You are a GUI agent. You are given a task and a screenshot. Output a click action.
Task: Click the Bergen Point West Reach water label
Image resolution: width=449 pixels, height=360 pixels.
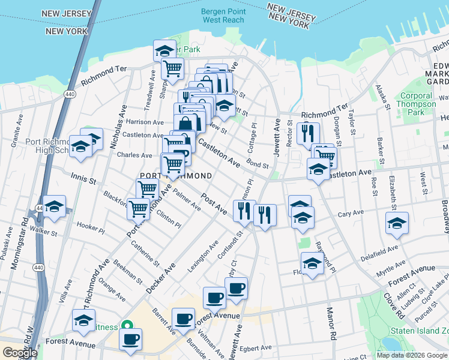(x=223, y=16)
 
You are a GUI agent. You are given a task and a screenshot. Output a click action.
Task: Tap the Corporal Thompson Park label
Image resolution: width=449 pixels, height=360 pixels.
(x=416, y=104)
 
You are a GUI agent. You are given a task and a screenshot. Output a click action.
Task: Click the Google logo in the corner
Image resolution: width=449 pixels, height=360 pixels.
(x=20, y=353)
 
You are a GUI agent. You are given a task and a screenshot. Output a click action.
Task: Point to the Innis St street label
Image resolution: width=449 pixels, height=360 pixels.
(x=83, y=177)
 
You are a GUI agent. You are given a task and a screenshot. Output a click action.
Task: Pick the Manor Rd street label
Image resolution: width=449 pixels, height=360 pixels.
(x=329, y=321)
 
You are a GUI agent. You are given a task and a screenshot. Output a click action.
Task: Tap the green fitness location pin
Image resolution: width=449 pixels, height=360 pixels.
(x=127, y=326)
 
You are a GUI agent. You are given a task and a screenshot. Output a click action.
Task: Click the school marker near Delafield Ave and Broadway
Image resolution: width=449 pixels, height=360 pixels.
(x=397, y=223)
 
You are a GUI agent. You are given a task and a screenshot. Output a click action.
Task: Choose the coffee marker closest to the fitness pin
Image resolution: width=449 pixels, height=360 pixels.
(x=130, y=339)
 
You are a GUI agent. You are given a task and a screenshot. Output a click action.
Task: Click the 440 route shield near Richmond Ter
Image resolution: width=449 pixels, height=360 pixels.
(x=70, y=94)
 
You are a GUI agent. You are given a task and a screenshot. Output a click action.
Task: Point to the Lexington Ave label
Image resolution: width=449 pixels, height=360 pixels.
(x=202, y=257)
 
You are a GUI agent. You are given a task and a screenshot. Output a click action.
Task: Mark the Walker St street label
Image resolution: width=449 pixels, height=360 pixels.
(x=46, y=229)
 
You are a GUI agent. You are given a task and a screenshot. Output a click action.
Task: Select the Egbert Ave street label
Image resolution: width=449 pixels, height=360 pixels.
(x=256, y=348)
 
